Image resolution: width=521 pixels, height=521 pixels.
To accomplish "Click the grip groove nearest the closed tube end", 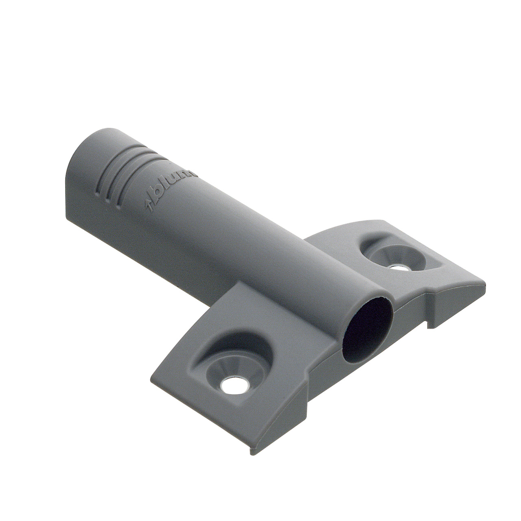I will click(100, 182).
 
